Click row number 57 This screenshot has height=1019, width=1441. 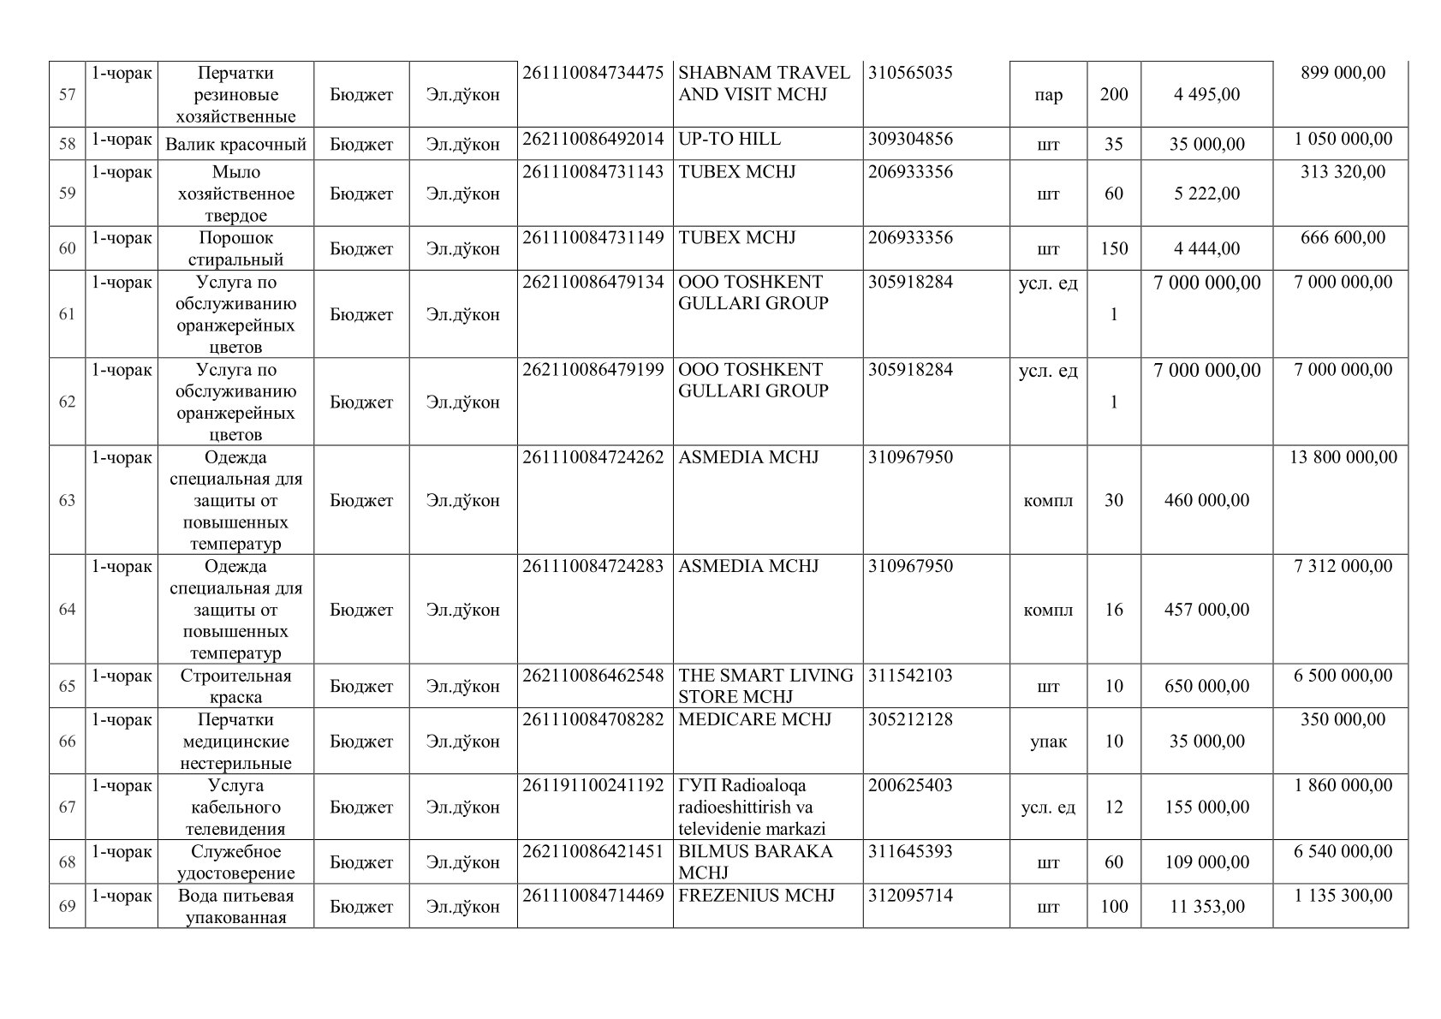point(67,95)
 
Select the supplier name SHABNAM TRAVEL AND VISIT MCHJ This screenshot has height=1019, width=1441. point(764,84)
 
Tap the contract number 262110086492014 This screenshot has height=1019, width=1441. point(593,140)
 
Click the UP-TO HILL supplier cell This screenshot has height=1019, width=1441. point(729,140)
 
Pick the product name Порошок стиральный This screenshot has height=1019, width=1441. point(235,248)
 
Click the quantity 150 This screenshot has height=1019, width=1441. point(1113,249)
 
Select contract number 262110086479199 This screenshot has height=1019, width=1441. point(593,370)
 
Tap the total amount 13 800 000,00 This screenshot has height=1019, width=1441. point(1343,457)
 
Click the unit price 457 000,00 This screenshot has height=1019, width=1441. point(1206,610)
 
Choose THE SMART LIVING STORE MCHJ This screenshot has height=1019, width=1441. point(765,686)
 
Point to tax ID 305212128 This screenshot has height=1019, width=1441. point(910,720)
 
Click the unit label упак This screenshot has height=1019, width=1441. point(1048,742)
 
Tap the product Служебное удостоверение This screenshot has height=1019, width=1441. point(235,862)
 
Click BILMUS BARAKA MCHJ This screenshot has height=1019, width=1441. point(755,862)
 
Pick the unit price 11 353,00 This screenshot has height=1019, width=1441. point(1206,907)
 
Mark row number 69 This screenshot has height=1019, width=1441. point(67,907)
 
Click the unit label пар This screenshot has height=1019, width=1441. point(1048,95)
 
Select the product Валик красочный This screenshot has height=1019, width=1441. point(235,145)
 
